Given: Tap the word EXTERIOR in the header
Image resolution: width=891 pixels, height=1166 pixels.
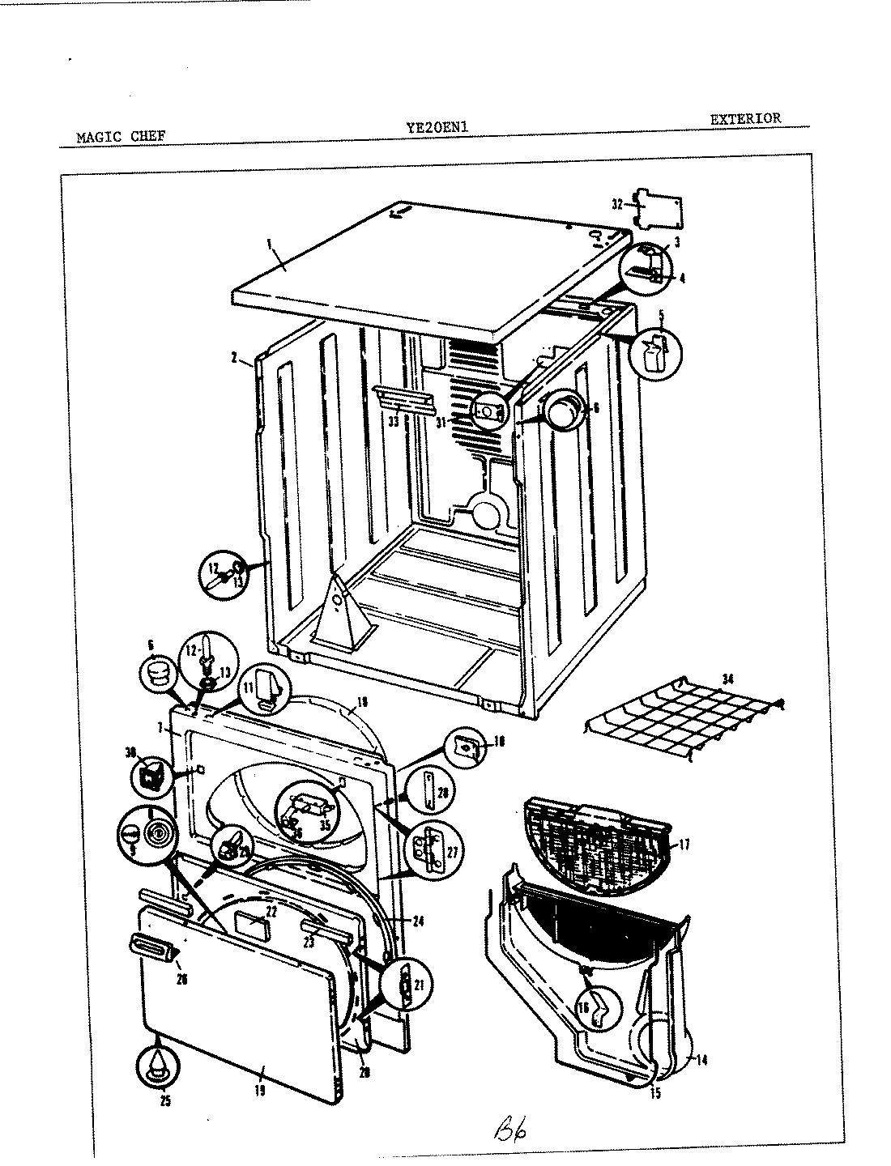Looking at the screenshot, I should [745, 118].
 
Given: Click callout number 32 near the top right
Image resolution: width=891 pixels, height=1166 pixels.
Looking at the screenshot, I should [617, 205].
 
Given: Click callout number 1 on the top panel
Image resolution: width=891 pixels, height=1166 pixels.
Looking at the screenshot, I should [268, 242].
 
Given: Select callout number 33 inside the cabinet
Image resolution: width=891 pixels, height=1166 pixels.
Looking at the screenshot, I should [393, 422].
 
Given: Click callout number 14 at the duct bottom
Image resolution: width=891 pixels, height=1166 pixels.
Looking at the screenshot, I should [701, 1059].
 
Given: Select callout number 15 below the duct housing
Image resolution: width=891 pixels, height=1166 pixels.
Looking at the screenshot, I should [654, 1093].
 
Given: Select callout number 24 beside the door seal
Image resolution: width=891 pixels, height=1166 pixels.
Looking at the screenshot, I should [418, 920].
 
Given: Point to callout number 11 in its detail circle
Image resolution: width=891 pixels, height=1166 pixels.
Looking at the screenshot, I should [250, 687].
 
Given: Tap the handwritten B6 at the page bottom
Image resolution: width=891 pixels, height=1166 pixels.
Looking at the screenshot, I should [507, 1126].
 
